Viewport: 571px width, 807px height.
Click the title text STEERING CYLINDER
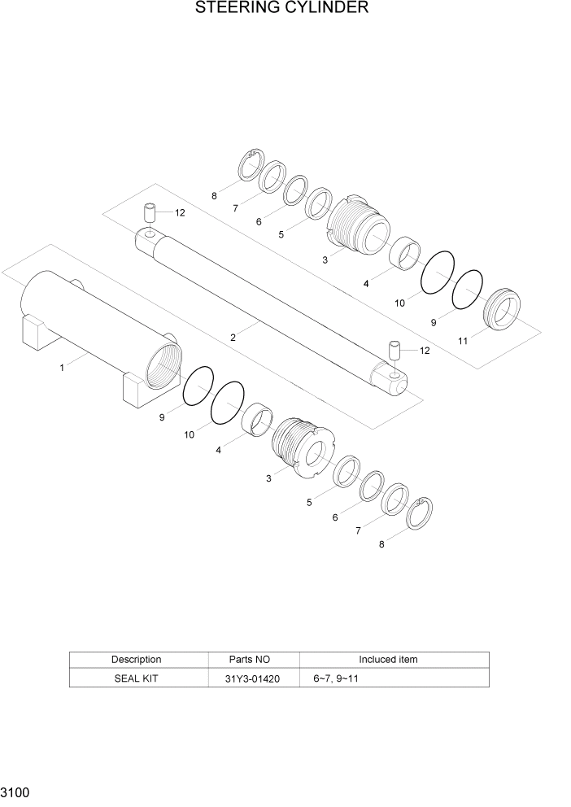282,9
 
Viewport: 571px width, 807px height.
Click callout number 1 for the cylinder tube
62,368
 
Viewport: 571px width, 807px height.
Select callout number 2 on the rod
233,336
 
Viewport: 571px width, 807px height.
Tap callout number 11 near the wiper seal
462,342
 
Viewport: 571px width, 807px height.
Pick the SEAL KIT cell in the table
136,678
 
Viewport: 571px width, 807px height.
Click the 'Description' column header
136,659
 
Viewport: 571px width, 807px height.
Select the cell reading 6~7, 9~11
335,678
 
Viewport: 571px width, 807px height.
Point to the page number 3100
16,792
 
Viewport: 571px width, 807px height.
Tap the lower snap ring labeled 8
420,513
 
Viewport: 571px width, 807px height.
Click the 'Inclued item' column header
388,659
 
